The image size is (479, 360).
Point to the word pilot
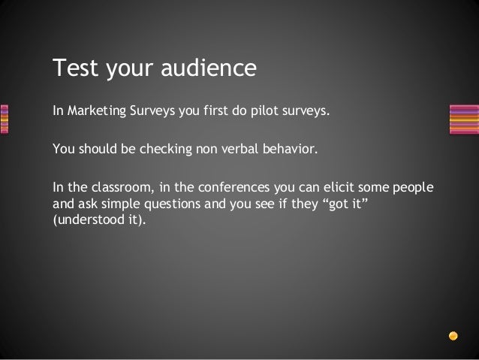click(x=267, y=113)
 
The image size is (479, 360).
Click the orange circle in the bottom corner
click(x=453, y=334)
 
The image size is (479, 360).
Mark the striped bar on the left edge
click(x=4, y=117)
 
